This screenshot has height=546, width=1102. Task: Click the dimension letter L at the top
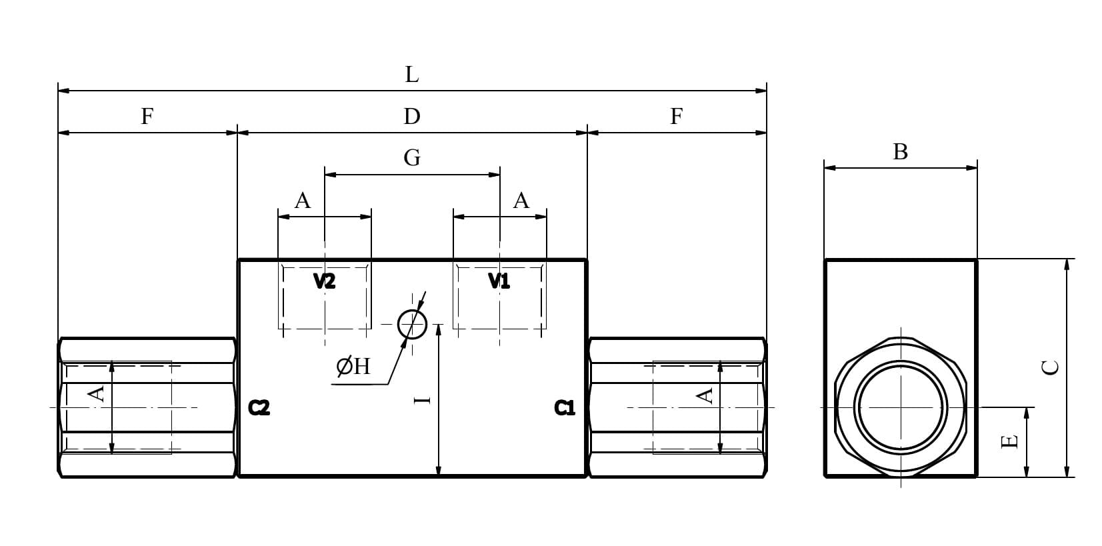pyautogui.click(x=412, y=75)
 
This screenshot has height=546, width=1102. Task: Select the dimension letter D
pyautogui.click(x=412, y=117)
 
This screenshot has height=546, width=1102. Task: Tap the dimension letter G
pyautogui.click(x=412, y=158)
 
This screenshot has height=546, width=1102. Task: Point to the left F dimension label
pyautogui.click(x=147, y=117)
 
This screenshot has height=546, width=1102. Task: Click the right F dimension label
pyautogui.click(x=677, y=117)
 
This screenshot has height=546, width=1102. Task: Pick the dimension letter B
pyautogui.click(x=900, y=151)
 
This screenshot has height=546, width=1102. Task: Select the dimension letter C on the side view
pyautogui.click(x=1051, y=367)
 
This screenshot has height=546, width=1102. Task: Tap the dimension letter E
pyautogui.click(x=1009, y=441)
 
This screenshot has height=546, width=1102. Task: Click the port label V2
pyautogui.click(x=324, y=281)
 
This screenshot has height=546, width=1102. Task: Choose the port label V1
pyautogui.click(x=499, y=281)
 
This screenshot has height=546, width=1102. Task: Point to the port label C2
pyautogui.click(x=259, y=408)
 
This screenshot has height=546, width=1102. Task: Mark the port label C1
pyautogui.click(x=564, y=408)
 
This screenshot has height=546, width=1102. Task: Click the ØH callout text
pyautogui.click(x=353, y=367)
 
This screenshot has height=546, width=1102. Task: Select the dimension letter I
pyautogui.click(x=422, y=400)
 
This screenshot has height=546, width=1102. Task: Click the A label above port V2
pyautogui.click(x=303, y=201)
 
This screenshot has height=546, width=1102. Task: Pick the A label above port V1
pyautogui.click(x=521, y=201)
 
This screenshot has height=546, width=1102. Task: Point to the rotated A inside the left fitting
pyautogui.click(x=97, y=394)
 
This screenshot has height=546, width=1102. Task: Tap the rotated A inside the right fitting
pyautogui.click(x=705, y=396)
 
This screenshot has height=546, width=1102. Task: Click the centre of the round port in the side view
pyautogui.click(x=901, y=407)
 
